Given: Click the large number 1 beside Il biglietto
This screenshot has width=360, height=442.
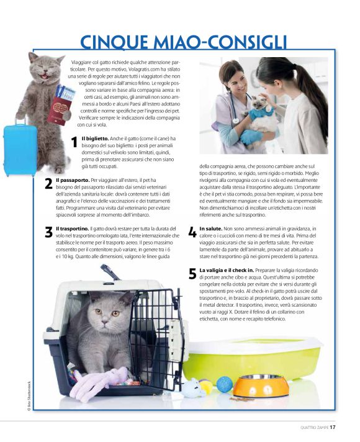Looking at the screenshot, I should [74, 143].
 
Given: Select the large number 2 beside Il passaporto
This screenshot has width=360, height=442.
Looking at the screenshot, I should [48, 184].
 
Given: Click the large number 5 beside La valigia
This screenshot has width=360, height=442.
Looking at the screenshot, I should [192, 274].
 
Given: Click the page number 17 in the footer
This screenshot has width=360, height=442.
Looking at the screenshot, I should [333, 426].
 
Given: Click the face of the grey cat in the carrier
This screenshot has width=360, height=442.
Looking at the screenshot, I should [106, 313].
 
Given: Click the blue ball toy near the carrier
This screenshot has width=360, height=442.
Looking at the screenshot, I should [224, 384].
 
